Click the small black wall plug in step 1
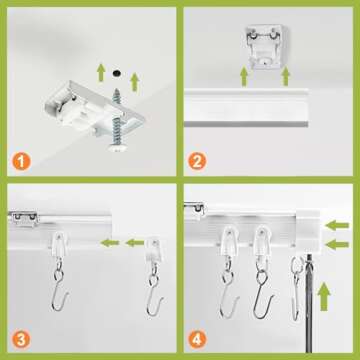pos(118,72)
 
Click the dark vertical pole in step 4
pos(308,300)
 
